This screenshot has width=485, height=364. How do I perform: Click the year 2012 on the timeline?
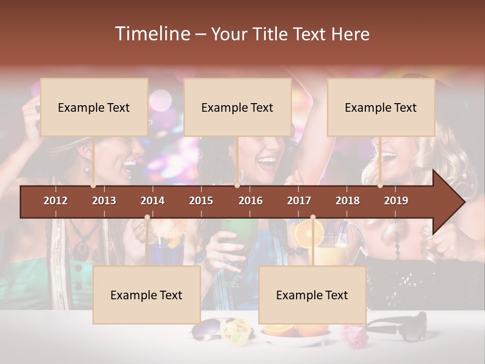56,201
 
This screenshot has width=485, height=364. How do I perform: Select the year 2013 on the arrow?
104,201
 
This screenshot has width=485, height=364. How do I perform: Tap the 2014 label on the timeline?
153,201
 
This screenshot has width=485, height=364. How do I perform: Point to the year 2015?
201,201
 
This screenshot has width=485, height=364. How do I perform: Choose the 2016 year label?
251,201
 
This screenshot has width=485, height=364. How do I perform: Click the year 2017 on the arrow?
299,201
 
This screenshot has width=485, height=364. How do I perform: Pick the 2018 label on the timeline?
348,201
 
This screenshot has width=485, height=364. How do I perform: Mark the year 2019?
396,201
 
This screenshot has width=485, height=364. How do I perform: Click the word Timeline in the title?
152,34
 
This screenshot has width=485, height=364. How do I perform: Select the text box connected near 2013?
94,107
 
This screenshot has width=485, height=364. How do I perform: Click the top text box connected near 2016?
237,107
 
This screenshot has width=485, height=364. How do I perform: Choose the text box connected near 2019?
381,107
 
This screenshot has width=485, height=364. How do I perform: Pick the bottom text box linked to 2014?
147,295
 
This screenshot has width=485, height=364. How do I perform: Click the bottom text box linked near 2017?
312,295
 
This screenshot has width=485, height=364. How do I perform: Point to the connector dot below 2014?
147,217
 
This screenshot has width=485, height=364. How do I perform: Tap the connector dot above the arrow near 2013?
93,186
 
